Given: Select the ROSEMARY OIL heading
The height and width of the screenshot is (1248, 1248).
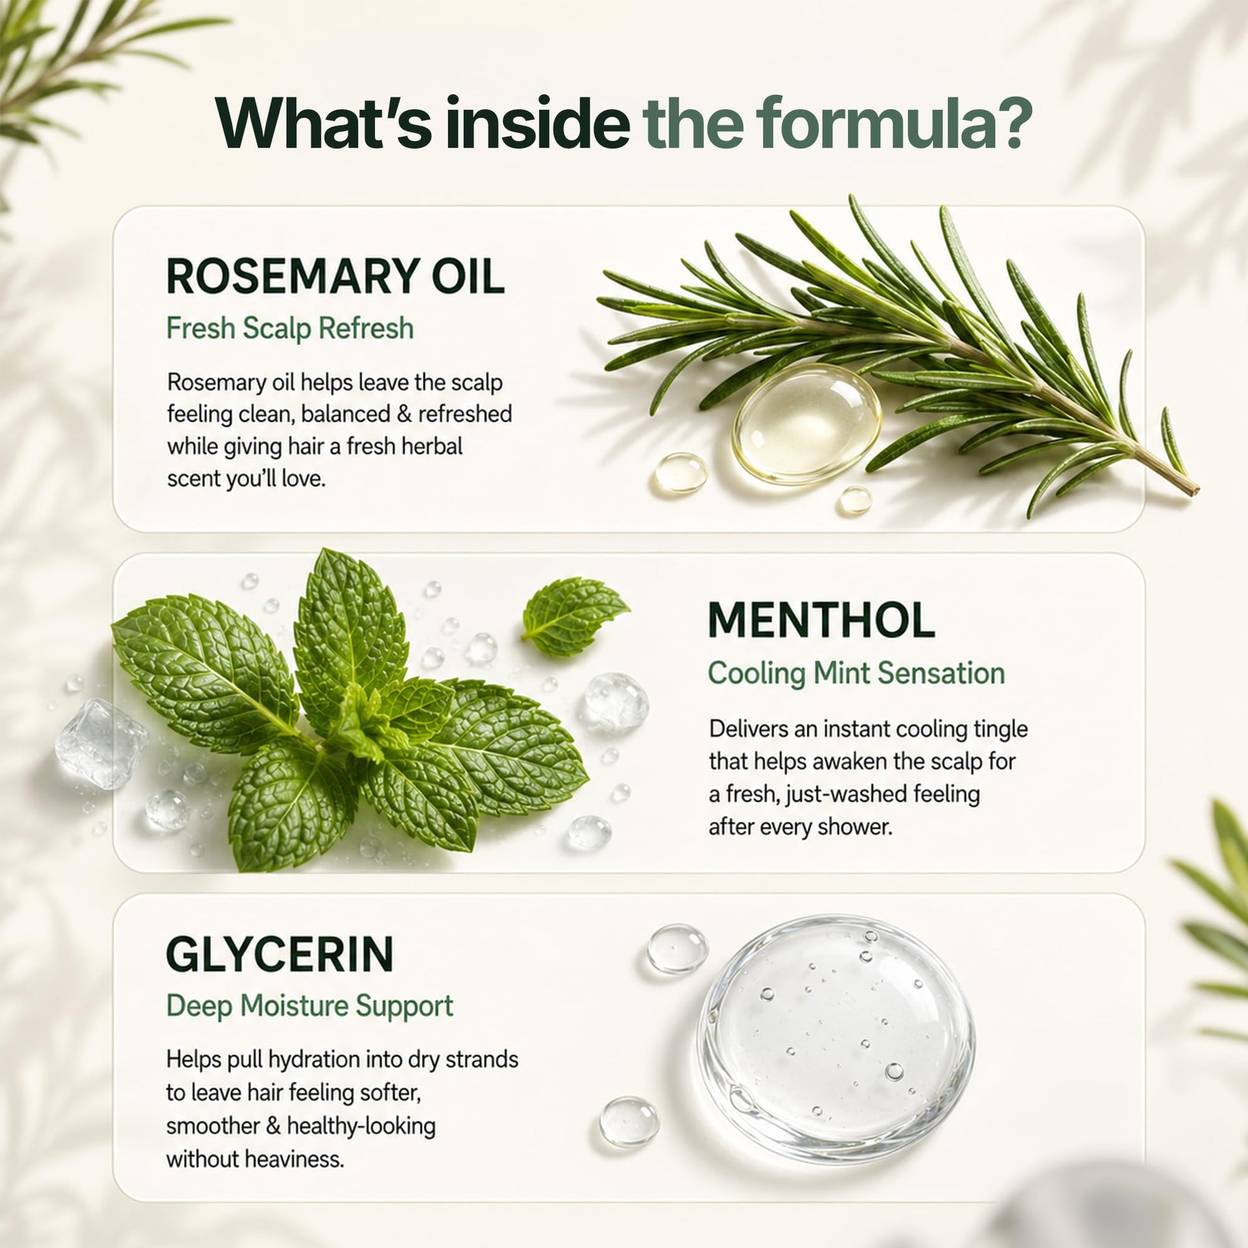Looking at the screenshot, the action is (x=335, y=276).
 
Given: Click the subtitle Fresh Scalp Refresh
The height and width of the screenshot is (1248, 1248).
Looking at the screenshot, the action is (x=290, y=328).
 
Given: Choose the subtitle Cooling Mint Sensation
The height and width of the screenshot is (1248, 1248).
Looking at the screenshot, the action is (x=857, y=673).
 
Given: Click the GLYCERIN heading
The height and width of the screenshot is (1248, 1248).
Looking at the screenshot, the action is (x=280, y=954).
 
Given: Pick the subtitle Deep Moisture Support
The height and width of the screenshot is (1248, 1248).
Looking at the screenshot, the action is (x=310, y=1006).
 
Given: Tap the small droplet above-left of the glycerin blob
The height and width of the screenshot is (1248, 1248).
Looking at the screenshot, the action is (x=677, y=949).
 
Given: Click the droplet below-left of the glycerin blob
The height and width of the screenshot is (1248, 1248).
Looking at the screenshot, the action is (x=629, y=1121).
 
